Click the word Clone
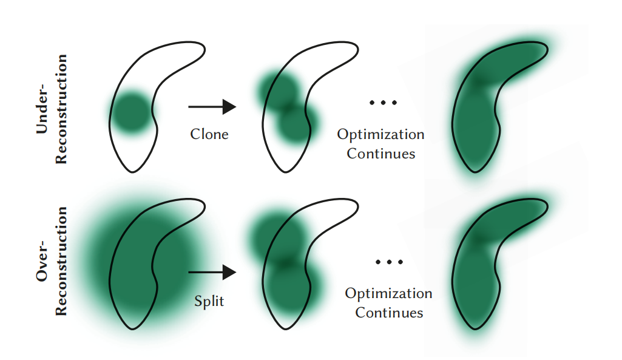point(209,134)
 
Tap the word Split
point(209,301)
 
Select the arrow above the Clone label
point(212,107)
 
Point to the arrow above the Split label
point(212,273)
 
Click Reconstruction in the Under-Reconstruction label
point(61,109)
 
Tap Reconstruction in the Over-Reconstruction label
point(61,261)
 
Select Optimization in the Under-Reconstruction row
point(380,134)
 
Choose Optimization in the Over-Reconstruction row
point(388,294)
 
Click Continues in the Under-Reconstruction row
point(381,154)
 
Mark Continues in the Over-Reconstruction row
point(389,313)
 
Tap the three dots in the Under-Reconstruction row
point(384,103)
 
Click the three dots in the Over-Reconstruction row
point(389,262)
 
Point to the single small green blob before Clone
point(131,113)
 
